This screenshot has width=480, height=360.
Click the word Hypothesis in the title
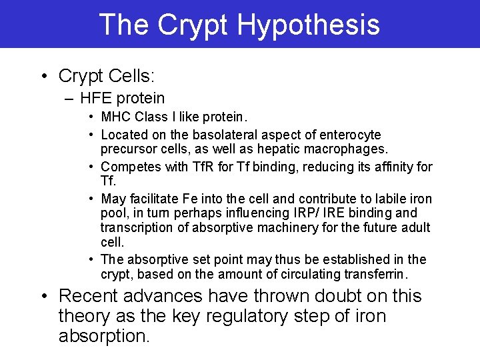[x=308, y=25]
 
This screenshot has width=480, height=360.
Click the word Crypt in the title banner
[x=193, y=25]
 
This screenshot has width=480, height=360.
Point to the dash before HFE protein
[x=70, y=99]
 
